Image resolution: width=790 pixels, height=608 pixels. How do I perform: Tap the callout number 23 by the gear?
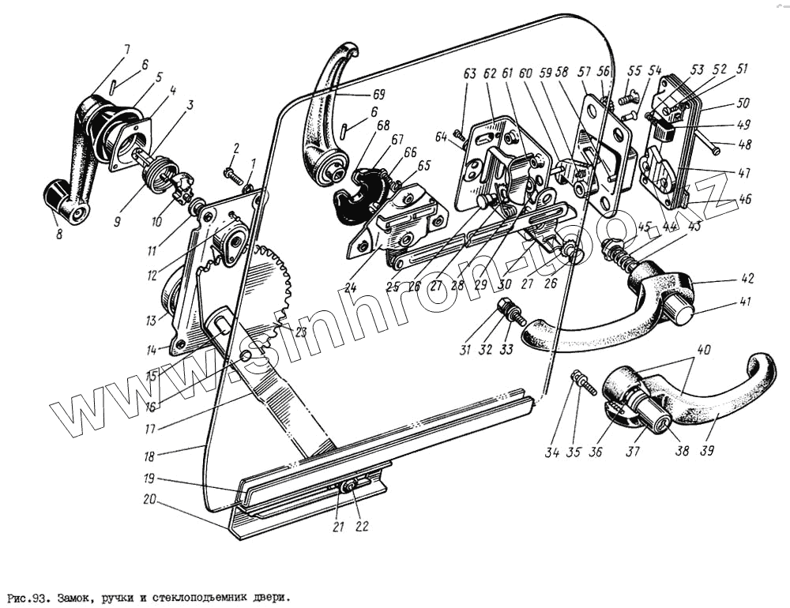click(300, 332)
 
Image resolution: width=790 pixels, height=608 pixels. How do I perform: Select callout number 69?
click(382, 94)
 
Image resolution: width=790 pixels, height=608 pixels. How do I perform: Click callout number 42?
click(747, 279)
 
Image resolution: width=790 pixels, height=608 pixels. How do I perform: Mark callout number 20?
click(149, 499)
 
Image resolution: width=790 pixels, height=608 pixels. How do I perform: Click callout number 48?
click(745, 146)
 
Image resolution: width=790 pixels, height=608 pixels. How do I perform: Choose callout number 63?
click(470, 74)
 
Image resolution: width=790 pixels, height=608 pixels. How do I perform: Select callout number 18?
click(149, 456)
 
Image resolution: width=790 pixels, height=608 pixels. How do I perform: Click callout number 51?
click(742, 69)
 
